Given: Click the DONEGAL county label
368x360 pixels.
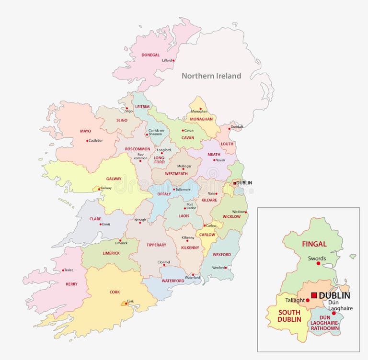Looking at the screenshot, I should coord(150,55).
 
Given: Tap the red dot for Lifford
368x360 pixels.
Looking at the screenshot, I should coord(173,61).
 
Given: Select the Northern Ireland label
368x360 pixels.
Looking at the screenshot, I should coord(211,76).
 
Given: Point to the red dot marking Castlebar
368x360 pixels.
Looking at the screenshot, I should coord(88,141).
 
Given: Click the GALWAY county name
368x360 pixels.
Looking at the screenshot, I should coord(114,179).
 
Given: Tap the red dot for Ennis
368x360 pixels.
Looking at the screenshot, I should coord(101,224).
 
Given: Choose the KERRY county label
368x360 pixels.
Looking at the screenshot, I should coord(71,284).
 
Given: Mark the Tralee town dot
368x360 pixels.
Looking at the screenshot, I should coord(63,270).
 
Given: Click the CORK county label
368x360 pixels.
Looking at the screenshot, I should coord(115,292).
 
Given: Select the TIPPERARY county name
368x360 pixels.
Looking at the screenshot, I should coord(156,245).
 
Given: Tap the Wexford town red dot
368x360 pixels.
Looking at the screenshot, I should coord(227,268).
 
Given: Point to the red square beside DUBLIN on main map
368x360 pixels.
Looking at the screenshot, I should coord(234,183).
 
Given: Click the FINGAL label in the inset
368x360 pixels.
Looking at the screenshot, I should coord(314,244).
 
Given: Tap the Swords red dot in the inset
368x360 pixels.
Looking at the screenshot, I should coord(318,263).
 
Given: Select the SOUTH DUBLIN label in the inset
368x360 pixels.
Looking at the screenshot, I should coord(289,316).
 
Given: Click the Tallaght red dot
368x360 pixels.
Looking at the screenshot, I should coord(307,301).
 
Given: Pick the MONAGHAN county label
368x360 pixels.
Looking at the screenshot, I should coord(202,119).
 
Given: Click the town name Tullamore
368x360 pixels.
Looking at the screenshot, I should coord(184,189).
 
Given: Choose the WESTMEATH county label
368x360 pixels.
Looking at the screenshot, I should coord(176,174).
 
